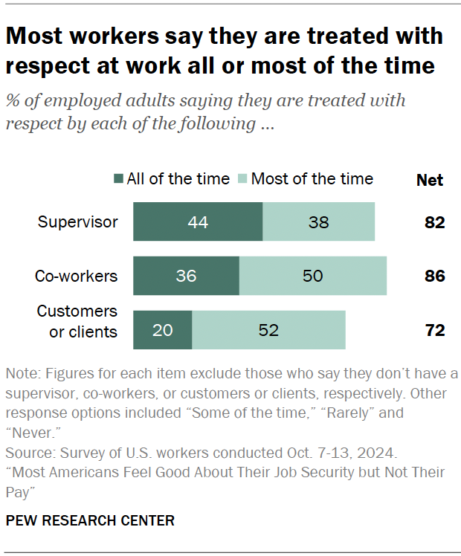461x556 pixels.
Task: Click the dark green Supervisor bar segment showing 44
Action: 198,222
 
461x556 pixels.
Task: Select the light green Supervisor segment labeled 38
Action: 318,222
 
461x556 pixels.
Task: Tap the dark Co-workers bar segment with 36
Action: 186,276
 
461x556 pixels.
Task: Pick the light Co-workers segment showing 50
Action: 313,276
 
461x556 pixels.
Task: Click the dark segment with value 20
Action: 162,330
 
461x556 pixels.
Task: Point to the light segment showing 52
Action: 268,330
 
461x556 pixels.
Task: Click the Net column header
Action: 429,180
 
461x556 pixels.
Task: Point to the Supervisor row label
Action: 78,222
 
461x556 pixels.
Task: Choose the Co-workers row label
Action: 76,276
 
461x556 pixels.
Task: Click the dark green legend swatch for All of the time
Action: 118,179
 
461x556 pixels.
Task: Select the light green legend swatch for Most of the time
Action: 242,179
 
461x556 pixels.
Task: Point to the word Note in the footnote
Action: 22,373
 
